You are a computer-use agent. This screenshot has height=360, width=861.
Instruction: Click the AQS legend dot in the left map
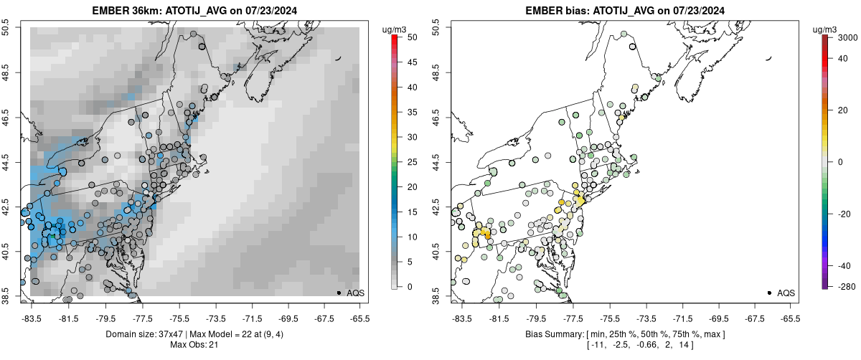pos(338,293)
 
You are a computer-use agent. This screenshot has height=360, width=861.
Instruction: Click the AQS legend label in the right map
pos(786,293)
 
